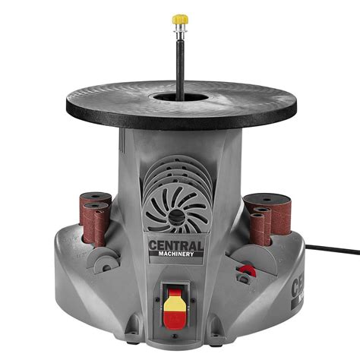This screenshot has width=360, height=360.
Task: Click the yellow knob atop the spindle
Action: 180,17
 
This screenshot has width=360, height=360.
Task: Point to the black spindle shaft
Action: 180,61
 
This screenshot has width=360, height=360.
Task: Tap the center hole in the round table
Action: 180,98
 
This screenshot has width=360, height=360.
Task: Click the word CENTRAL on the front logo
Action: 175,245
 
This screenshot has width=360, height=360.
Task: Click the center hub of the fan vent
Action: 175,216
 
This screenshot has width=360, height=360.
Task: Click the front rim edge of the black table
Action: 180,121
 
